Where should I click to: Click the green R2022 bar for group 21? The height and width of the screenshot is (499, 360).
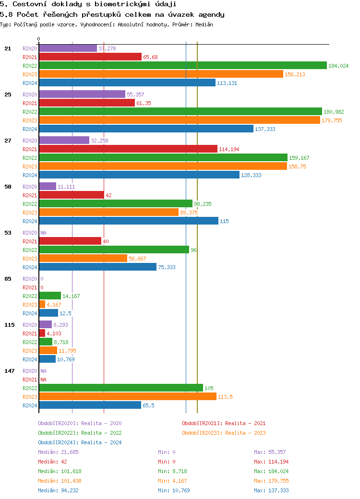point(182,66)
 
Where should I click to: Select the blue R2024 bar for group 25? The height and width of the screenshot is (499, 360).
point(146,129)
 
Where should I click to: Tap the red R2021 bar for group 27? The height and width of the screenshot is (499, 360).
point(128,149)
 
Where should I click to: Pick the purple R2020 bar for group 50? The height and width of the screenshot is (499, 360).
point(48,187)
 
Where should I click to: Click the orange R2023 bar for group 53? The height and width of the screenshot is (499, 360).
point(83,259)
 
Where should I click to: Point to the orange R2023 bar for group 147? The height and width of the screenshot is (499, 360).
point(128,397)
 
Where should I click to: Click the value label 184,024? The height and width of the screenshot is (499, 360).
point(338,66)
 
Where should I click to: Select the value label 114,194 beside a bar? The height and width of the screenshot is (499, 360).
point(229,149)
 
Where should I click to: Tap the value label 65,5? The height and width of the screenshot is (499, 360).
point(148,405)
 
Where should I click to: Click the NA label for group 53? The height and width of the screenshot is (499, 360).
point(43,233)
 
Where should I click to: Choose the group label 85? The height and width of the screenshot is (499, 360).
point(8,279)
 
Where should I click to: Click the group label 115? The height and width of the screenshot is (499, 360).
point(10,325)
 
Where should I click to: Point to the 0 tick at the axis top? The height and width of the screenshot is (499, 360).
point(39,39)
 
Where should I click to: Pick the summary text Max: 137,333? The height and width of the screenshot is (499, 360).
point(271,490)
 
